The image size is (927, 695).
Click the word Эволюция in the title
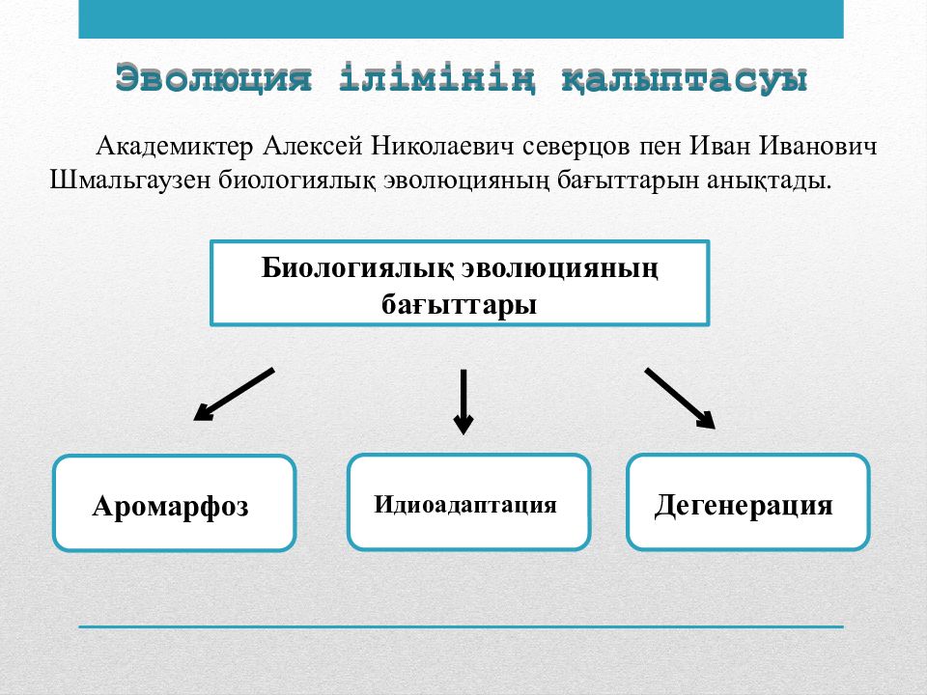(213, 77)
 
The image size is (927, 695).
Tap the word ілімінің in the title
(438, 78)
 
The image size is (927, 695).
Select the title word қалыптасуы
(684, 78)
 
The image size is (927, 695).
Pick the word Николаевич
(442, 146)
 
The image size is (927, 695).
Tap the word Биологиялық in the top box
(357, 268)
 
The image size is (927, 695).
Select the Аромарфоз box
(175, 503)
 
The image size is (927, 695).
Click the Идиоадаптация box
(469, 502)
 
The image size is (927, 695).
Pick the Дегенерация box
(747, 502)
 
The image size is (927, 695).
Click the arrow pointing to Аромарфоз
(234, 395)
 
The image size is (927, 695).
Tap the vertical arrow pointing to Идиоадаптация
(463, 402)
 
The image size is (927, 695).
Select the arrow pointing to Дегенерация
(681, 398)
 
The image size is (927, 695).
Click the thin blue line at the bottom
(462, 626)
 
